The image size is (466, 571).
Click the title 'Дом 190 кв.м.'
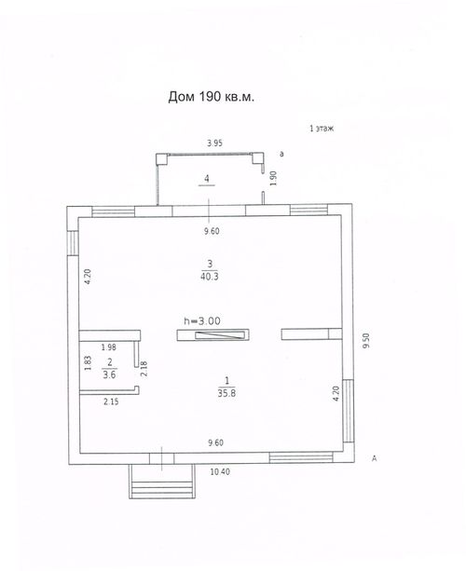pos(211,97)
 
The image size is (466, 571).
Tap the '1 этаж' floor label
pos(322,129)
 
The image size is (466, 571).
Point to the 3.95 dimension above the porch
pos(215,143)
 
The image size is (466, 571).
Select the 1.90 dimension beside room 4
pos(273,179)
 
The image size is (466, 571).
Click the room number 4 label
pos(207,179)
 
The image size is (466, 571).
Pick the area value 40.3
pos(210,277)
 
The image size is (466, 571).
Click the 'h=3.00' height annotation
pos(202,320)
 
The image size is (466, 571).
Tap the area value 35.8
pos(226,393)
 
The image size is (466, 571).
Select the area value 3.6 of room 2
pos(109,374)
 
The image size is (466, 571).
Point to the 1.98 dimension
pos(108,347)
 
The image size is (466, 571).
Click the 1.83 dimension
pos(88,363)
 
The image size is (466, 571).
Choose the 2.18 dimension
pos(144,369)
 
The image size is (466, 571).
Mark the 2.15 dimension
pos(111,401)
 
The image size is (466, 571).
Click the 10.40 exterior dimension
pos(220,472)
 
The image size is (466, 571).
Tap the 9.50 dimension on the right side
pos(366,341)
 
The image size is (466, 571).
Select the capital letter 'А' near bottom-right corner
pos(374,458)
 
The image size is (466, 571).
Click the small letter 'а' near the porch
pos(281,154)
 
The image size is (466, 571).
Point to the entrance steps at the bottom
pos(162,482)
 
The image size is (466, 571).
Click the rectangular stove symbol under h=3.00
pos(213,335)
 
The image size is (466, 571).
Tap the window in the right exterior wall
pos(349,411)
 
